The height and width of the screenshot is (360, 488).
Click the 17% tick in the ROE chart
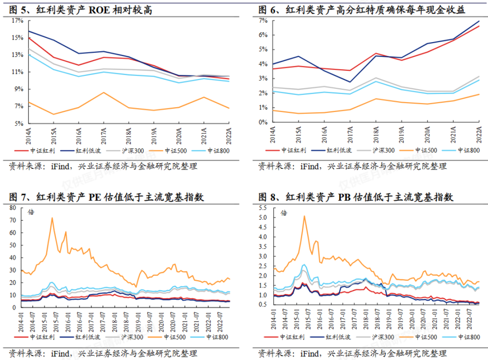pos(17,21)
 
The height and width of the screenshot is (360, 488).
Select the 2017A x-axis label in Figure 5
pos(104,134)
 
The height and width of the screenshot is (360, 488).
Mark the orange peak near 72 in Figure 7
pos(52,218)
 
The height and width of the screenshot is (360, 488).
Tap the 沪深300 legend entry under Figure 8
pos(383,337)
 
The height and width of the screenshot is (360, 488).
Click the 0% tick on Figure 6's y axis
pos(264,122)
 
